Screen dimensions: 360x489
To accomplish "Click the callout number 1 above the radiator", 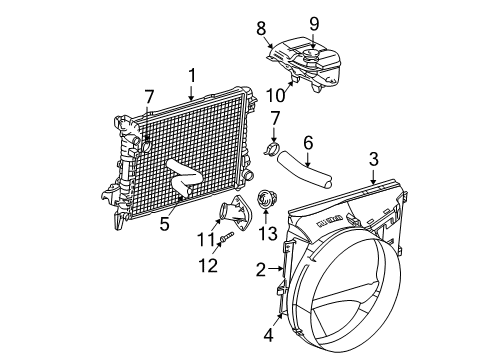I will tap(191, 75).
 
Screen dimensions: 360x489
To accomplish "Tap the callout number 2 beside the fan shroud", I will tap(262, 268).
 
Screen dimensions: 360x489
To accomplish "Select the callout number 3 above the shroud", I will tap(373, 157).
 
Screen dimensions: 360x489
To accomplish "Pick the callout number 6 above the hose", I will tap(308, 143).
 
